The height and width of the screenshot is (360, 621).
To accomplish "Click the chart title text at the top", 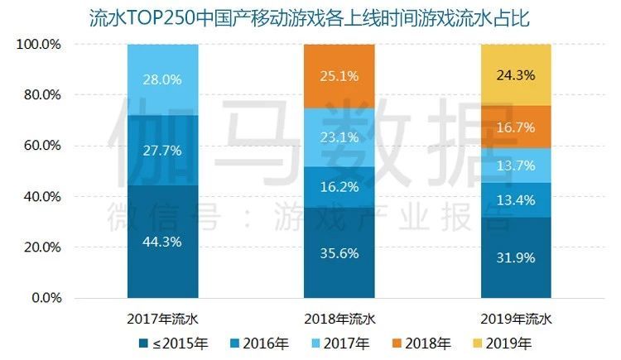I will pyautogui.click(x=310, y=17).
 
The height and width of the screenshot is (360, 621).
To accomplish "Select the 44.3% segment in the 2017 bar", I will pyautogui.click(x=163, y=241).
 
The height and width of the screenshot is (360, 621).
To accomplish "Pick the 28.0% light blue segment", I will pyautogui.click(x=163, y=79).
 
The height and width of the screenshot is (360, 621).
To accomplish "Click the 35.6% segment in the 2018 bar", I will pyautogui.click(x=339, y=252).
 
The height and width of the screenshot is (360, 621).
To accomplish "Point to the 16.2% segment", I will pyautogui.click(x=339, y=186).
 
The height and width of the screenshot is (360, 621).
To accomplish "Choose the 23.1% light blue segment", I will pyautogui.click(x=339, y=137).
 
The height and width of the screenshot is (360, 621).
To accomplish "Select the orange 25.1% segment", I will pyautogui.click(x=339, y=76).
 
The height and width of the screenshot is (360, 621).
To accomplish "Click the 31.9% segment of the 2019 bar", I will pyautogui.click(x=516, y=257).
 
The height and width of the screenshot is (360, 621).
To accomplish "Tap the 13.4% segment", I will pyautogui.click(x=516, y=199).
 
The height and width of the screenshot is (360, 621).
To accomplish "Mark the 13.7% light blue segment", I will pyautogui.click(x=516, y=165).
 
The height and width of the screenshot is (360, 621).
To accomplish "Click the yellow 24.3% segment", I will pyautogui.click(x=516, y=74).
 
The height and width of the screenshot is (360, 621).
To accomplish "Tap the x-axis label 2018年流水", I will pyautogui.click(x=339, y=318).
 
